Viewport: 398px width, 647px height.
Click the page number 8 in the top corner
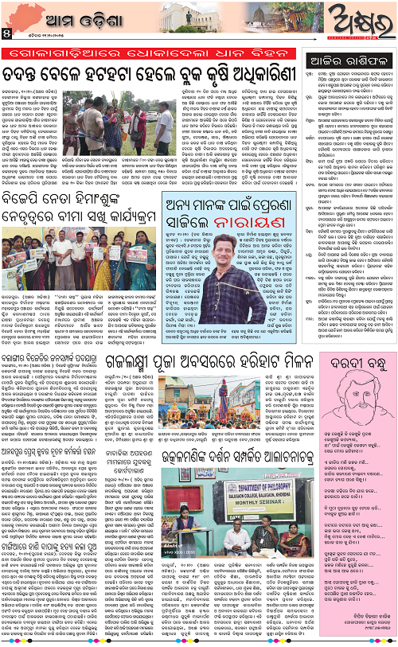tap(6, 33)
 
